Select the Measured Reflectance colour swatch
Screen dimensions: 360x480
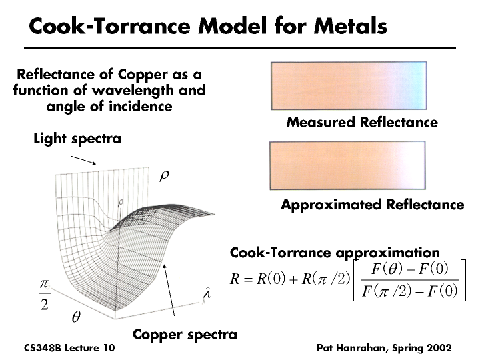[347, 85]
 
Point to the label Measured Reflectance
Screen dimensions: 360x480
[362, 123]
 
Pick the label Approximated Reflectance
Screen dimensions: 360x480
[372, 205]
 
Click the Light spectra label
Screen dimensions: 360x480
[77, 139]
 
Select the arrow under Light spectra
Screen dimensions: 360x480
[84, 160]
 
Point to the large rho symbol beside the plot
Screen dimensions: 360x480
[165, 177]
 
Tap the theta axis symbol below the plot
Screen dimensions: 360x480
[76, 318]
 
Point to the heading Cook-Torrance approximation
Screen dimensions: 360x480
[335, 253]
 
